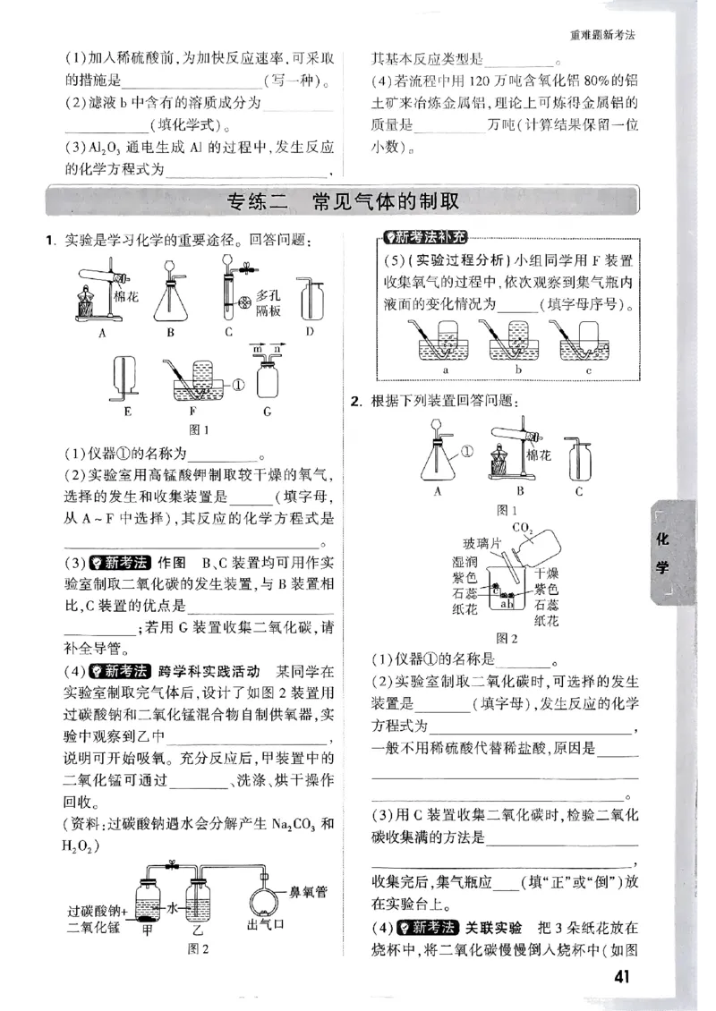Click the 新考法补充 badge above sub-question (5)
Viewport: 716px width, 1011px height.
click(419, 237)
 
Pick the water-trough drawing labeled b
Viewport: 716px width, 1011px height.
click(519, 344)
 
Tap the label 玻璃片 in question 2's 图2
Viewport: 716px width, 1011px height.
click(456, 543)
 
